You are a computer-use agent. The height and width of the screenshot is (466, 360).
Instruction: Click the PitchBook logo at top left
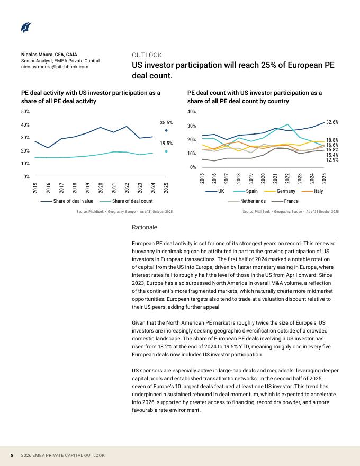coord(26,27)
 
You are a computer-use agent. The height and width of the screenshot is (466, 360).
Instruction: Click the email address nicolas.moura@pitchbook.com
coord(55,67)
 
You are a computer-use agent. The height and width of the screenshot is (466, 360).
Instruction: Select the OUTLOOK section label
coord(147,55)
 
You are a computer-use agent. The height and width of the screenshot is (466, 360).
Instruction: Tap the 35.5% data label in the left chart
coord(166,122)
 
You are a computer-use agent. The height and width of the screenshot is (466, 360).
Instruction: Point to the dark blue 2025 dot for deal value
coord(166,130)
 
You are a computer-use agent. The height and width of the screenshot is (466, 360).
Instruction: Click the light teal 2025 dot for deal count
coord(166,151)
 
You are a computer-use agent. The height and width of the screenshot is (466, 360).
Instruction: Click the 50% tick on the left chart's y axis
coord(25,112)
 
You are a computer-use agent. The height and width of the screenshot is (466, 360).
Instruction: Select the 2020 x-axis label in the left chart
coord(101,189)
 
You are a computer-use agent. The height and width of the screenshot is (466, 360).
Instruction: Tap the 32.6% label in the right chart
coord(332,122)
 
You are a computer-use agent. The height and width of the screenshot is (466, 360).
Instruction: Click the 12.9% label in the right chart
coord(332,159)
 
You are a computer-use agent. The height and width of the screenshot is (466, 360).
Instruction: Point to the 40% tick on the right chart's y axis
coord(192,112)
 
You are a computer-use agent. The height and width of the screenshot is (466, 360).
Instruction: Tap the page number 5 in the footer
coord(12,455)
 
